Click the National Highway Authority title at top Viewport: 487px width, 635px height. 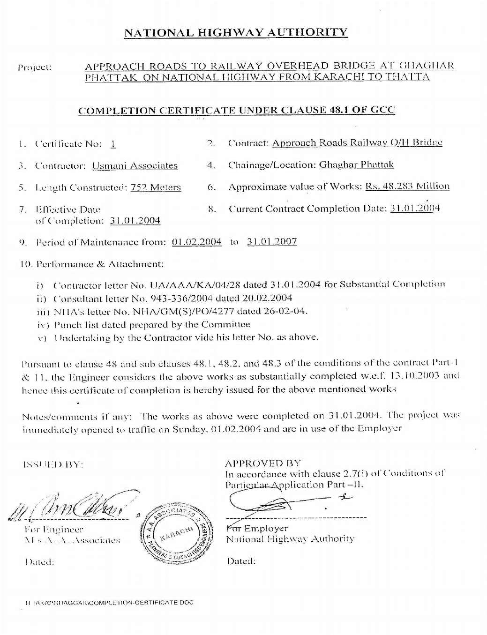pos(236,32)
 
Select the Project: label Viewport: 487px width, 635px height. pos(35,67)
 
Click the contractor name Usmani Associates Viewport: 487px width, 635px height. pos(135,166)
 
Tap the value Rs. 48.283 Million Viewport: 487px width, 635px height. pos(407,187)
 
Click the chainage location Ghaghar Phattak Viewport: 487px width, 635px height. pos(356,165)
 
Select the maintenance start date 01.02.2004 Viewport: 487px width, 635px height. pos(197,242)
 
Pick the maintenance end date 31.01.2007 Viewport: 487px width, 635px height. pos(272,242)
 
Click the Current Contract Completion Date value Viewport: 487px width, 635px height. pos(415,209)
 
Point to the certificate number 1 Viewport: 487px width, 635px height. pos(113,144)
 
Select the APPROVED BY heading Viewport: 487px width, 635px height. pos(263,463)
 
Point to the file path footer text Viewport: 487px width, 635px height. pos(110,603)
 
